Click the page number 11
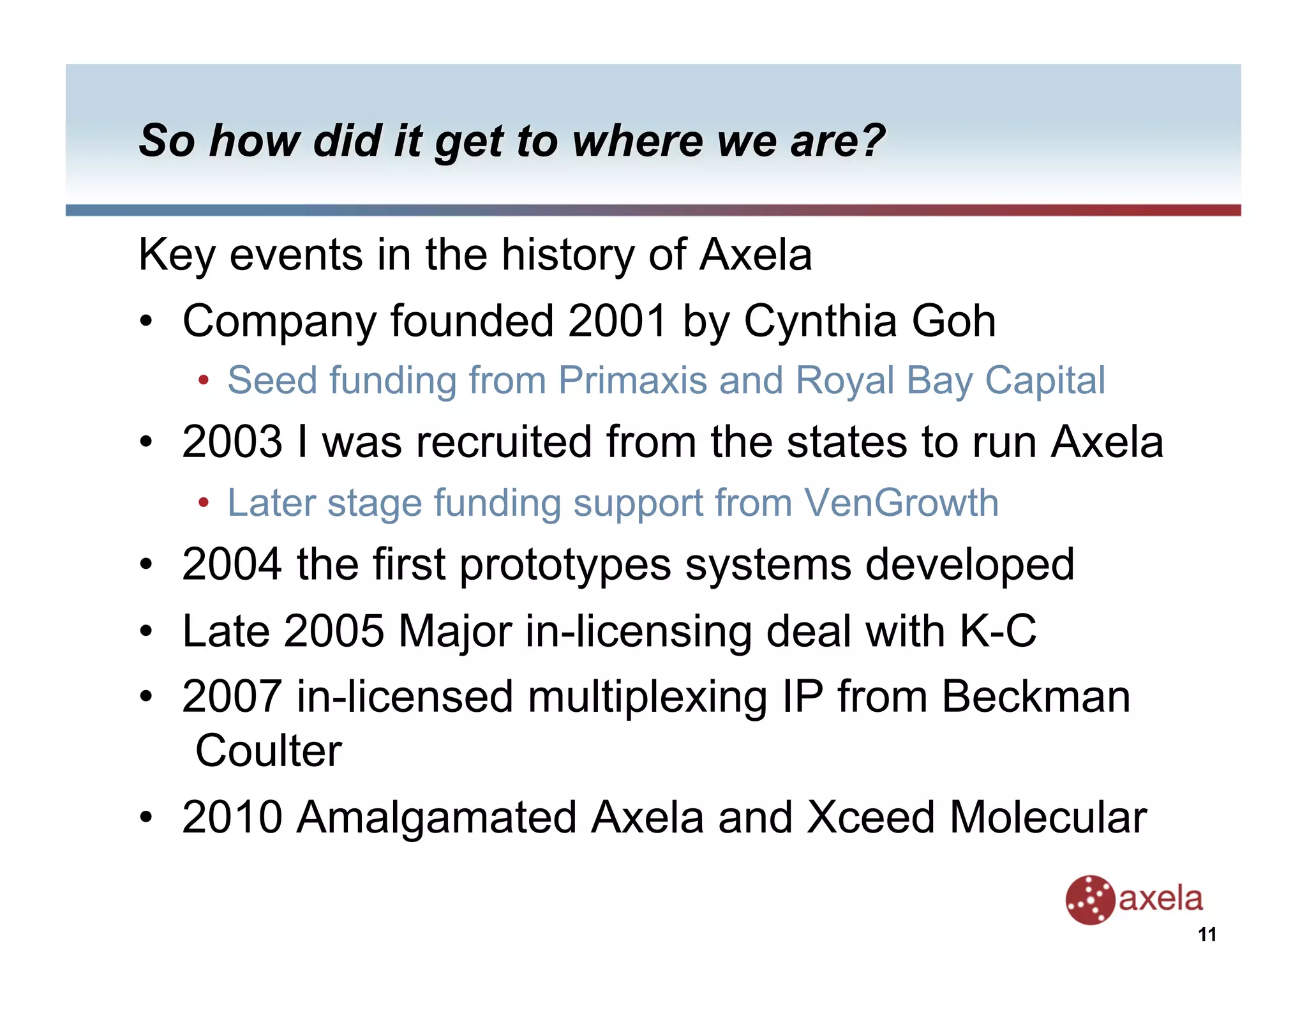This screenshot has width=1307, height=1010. (1207, 935)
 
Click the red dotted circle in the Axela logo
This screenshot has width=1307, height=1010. (1089, 900)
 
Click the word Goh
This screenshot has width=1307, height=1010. (953, 320)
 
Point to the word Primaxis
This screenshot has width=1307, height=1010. (632, 381)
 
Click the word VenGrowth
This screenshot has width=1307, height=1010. (901, 502)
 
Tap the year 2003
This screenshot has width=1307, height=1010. (232, 441)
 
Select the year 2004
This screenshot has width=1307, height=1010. (232, 564)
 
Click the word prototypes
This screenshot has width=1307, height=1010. (565, 566)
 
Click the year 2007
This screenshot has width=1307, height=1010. (232, 696)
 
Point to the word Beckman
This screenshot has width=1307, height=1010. (1036, 696)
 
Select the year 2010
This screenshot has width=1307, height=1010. (232, 817)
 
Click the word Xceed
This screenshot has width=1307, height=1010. (870, 817)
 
